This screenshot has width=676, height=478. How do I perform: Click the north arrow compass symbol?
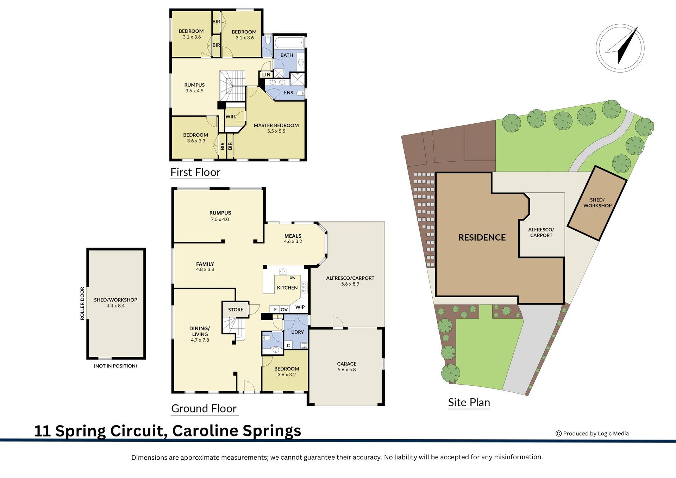(620, 48)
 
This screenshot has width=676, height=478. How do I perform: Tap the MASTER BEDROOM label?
(276, 125)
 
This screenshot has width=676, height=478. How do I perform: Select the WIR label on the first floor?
(230, 117)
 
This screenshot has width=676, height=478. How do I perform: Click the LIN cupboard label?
(266, 75)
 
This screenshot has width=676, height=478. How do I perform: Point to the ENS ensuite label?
(288, 93)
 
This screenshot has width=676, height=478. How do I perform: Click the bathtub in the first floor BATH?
(288, 44)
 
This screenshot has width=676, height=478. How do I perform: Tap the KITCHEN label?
(287, 288)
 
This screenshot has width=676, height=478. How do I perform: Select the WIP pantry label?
(300, 307)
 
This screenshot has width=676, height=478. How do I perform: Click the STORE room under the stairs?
(236, 310)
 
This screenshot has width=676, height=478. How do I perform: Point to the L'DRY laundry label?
(298, 332)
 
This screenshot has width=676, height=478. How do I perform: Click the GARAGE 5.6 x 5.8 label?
(347, 367)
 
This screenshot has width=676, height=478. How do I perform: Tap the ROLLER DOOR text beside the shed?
(82, 303)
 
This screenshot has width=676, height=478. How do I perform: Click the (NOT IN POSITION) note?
(115, 366)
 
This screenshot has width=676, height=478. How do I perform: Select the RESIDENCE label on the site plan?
(482, 237)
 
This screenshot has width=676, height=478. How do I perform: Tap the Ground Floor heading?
(204, 409)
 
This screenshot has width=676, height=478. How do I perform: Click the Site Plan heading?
(469, 402)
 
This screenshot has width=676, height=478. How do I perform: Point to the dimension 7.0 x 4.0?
(220, 219)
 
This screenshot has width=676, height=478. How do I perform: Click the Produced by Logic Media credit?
(592, 434)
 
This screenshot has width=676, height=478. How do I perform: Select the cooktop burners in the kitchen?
(304, 287)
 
